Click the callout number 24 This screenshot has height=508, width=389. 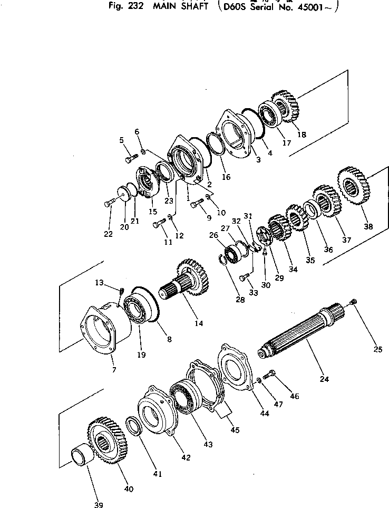tap(324, 379)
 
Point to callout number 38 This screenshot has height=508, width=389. tap(367, 227)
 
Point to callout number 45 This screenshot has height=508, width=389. tap(235, 430)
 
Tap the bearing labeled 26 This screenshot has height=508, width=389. tap(232, 253)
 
